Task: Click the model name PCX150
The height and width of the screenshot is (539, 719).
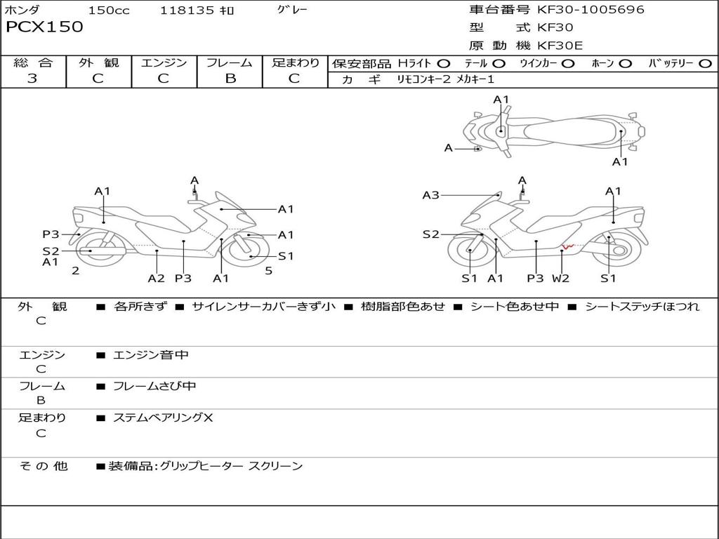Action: click(x=44, y=27)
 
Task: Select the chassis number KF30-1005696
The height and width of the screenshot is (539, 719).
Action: click(x=591, y=10)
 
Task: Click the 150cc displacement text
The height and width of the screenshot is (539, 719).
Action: click(x=109, y=11)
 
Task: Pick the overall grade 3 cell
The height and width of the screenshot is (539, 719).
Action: click(x=32, y=79)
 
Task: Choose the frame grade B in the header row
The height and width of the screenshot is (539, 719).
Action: click(x=230, y=79)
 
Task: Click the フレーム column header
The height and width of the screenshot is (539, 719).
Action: click(x=230, y=63)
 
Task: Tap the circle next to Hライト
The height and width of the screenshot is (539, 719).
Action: click(x=444, y=64)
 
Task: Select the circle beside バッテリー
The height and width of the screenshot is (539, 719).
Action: click(x=705, y=64)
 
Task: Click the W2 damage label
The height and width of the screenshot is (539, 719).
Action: click(x=560, y=278)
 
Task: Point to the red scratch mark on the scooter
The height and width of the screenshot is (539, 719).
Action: click(x=569, y=246)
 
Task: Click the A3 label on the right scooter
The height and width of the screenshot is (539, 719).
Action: click(x=430, y=195)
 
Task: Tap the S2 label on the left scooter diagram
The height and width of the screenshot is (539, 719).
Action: click(x=51, y=251)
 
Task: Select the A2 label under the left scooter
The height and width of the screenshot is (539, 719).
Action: click(x=156, y=278)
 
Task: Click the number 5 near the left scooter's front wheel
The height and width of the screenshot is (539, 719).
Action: click(x=268, y=270)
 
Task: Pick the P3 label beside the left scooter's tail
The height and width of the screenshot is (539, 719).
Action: click(x=51, y=234)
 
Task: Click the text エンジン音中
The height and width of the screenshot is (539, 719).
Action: click(x=151, y=355)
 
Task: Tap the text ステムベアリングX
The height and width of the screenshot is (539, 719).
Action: click(x=163, y=418)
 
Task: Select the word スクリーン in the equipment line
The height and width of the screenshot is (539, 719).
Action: click(x=276, y=466)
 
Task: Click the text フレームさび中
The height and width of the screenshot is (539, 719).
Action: click(x=154, y=386)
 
